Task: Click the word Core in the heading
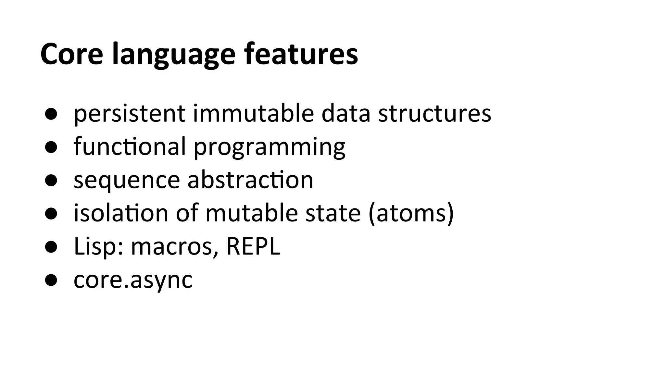[72, 54]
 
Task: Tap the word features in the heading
[301, 54]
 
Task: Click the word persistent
[130, 114]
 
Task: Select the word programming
[270, 148]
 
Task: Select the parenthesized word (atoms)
[411, 214]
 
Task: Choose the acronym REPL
[253, 246]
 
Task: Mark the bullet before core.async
[51, 280]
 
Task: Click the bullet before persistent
[51, 114]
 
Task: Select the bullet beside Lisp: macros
[51, 247]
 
